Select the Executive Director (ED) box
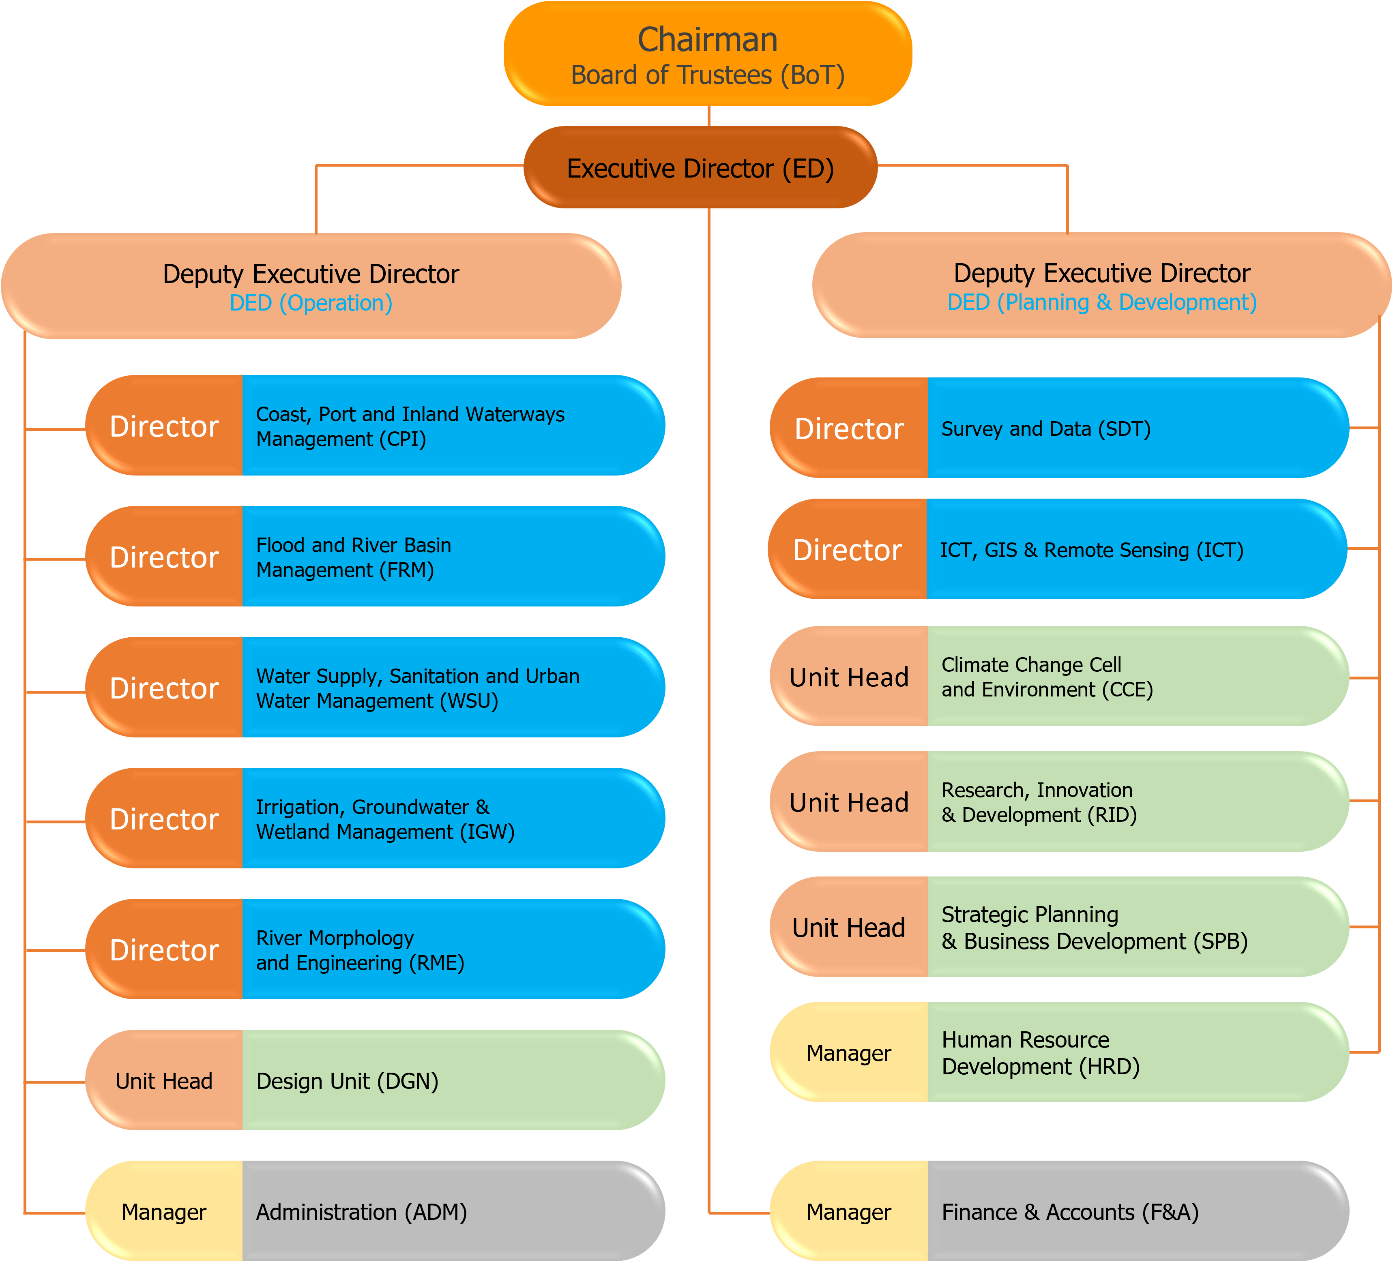coord(700,168)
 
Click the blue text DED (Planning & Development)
coord(1101,302)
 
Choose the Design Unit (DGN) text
coord(347,1081)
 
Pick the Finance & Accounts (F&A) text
coord(1070,1212)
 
